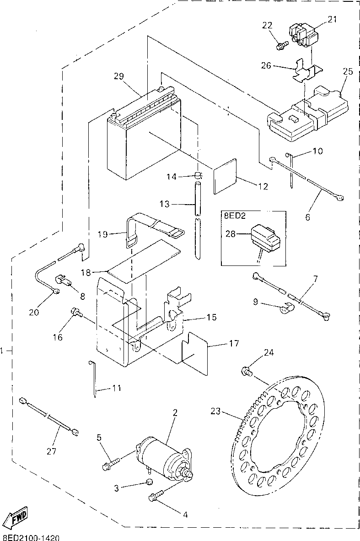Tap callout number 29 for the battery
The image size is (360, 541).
119,76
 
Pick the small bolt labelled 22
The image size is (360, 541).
281,45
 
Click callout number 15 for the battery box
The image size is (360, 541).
212,317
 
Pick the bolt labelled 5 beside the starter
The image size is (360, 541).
111,463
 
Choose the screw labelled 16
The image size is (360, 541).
76,312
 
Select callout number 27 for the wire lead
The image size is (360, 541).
51,451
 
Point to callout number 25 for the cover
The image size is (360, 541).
348,71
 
